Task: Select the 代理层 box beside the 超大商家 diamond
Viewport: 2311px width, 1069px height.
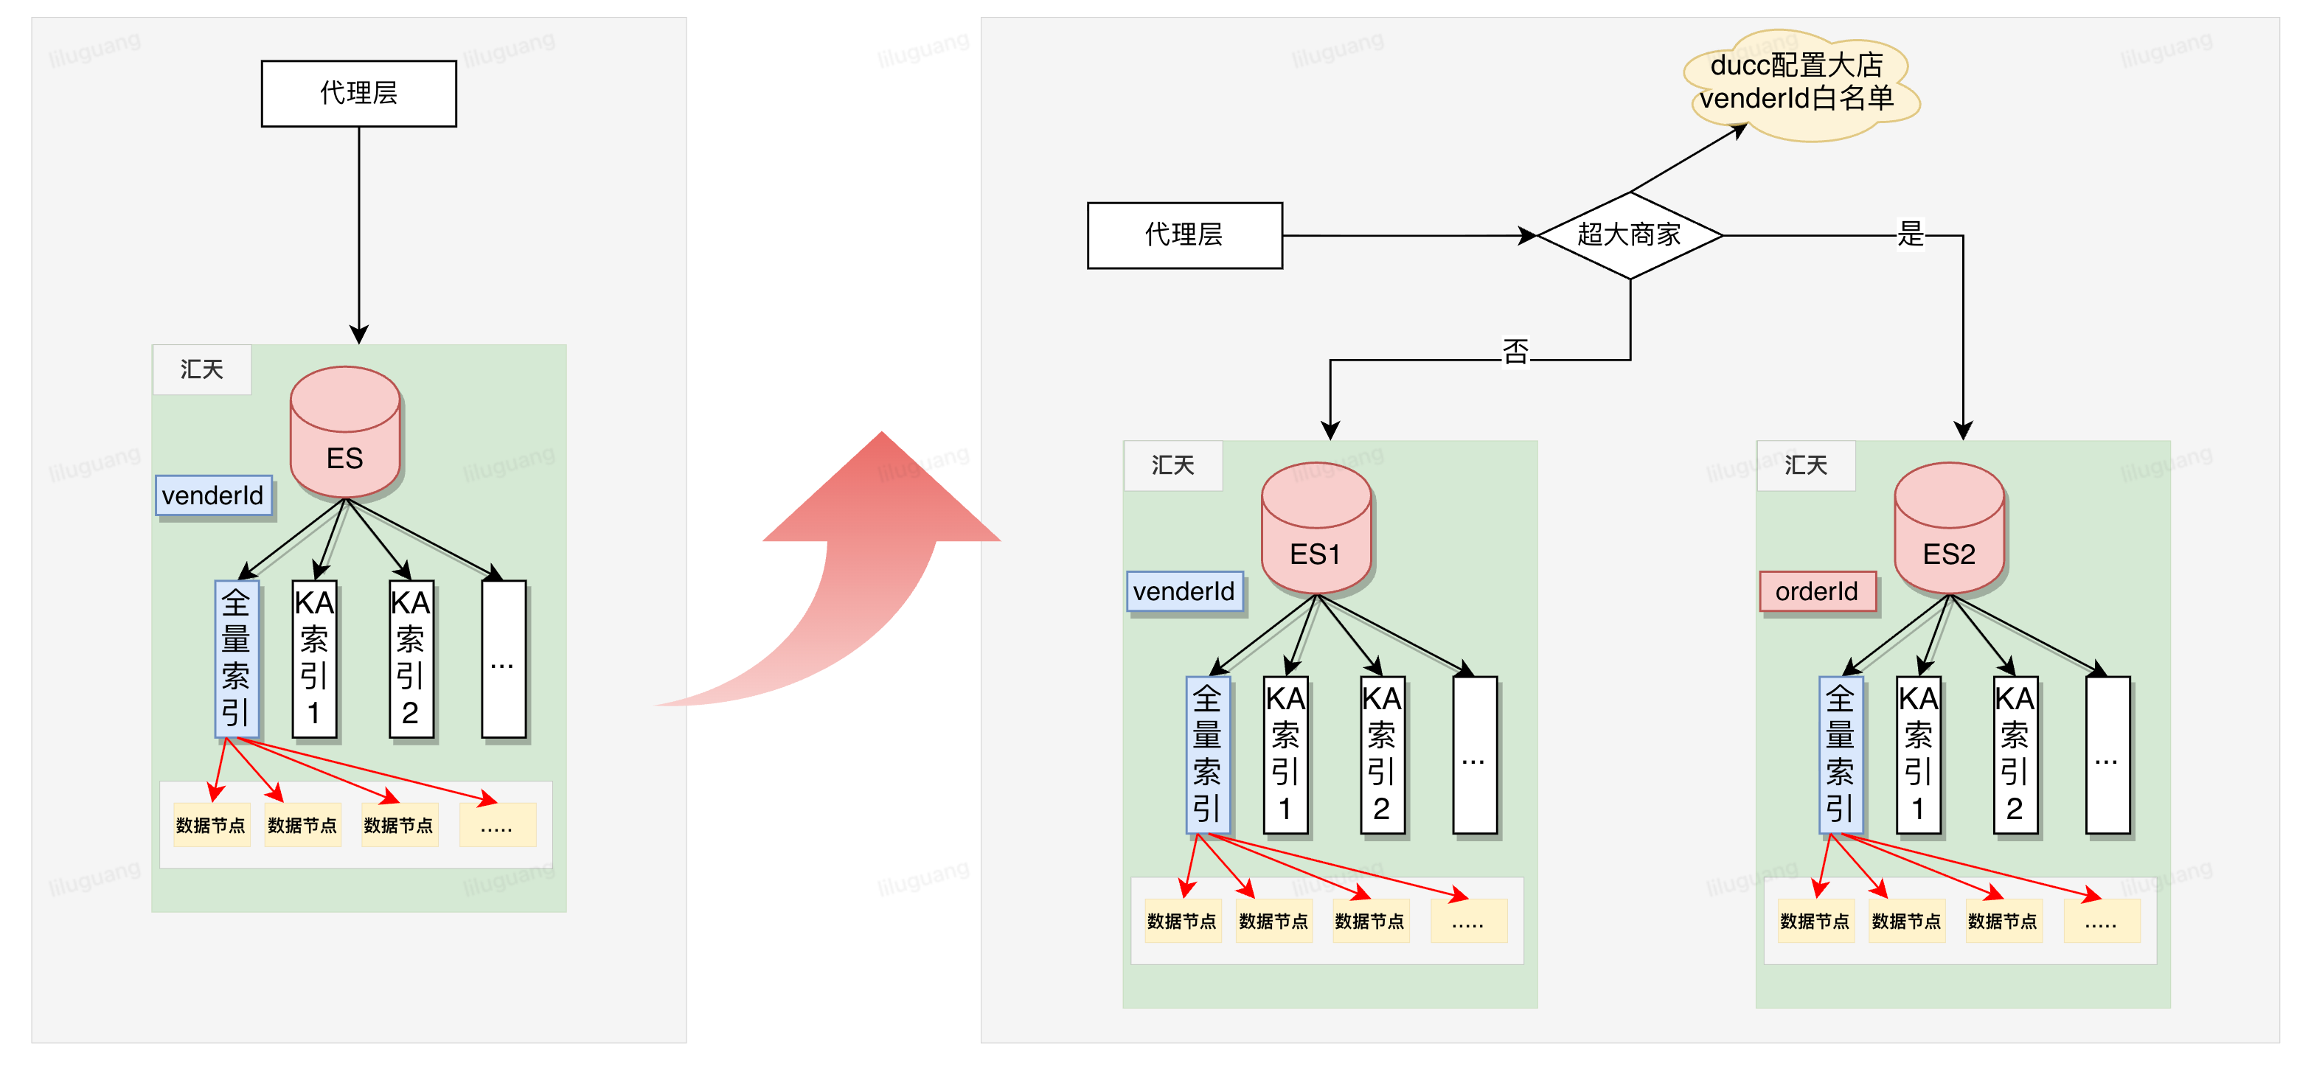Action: pos(1184,235)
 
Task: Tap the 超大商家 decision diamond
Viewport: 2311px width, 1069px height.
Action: pos(1629,235)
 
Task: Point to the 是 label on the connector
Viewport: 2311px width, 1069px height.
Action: pos(1910,234)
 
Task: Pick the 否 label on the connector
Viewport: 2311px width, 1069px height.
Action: pos(1515,352)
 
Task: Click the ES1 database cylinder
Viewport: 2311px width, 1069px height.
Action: pos(1316,529)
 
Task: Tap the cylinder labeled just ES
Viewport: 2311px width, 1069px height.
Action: pos(344,433)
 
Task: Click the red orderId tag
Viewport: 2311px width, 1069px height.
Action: pos(1818,592)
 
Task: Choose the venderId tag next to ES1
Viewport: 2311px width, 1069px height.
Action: pos(1184,592)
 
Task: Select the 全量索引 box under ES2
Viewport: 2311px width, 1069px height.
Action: pos(1840,755)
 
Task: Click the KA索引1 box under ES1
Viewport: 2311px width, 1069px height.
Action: pos(1285,755)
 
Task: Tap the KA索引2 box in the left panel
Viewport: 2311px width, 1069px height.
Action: pos(410,659)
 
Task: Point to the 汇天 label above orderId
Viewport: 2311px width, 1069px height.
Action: pos(1805,465)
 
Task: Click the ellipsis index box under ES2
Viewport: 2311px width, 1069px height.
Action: pos(2107,755)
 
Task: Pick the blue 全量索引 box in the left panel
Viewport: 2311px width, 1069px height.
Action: pos(236,659)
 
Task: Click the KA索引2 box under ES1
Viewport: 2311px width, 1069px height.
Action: pos(1382,755)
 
